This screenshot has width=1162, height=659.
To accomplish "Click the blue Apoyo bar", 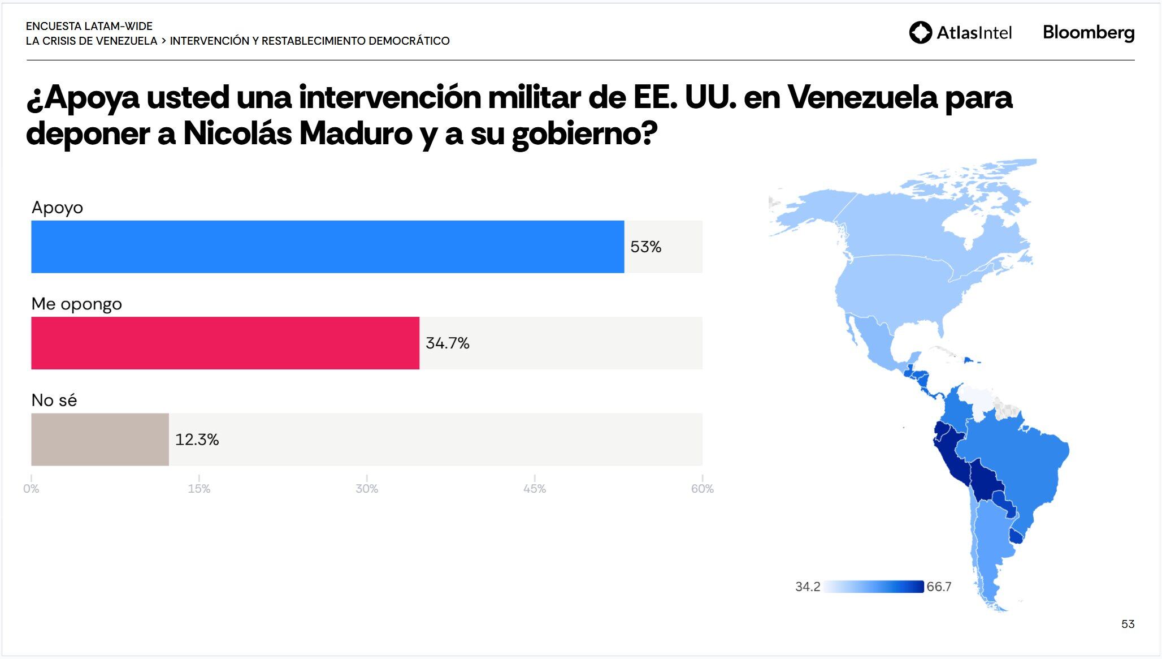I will (327, 247).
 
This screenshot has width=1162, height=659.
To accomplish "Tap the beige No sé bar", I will (99, 440).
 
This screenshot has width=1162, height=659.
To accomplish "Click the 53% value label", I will (645, 247).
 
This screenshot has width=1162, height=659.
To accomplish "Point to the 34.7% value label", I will (447, 343).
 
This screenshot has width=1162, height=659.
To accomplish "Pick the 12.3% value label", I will (197, 440).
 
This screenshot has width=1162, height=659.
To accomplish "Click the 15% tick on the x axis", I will (199, 489).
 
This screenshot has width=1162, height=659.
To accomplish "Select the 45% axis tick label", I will (534, 489).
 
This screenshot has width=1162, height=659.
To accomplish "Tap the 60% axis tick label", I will (702, 489).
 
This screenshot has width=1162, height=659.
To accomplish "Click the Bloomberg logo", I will (1088, 32).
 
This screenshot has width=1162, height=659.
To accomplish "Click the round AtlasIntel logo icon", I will (920, 32).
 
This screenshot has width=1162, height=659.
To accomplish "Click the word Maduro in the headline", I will (355, 133).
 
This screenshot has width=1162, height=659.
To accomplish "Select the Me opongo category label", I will (77, 304).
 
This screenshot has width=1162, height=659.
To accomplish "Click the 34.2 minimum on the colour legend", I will (807, 587).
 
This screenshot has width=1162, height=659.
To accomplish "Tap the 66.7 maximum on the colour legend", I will (939, 587).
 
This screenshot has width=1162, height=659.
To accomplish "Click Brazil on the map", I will (1017, 464).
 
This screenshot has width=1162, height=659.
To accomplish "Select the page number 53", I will (1128, 624).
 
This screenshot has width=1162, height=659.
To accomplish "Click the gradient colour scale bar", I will (873, 587).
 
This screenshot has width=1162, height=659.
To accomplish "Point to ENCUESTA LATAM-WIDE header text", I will (89, 26).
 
